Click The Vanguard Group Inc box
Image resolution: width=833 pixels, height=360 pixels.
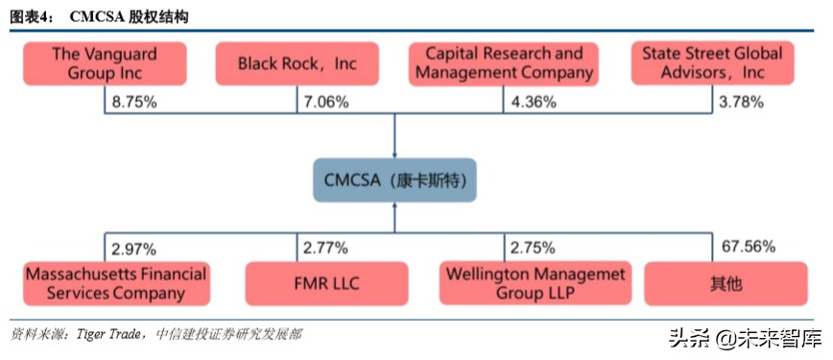click(x=105, y=64)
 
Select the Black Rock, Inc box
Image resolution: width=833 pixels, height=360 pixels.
click(x=297, y=64)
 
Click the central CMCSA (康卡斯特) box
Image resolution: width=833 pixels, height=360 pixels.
click(x=394, y=180)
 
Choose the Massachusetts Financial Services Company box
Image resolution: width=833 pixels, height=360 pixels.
click(x=115, y=284)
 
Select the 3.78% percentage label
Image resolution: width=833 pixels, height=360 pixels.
click(x=740, y=102)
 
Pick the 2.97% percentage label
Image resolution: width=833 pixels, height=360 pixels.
click(x=133, y=249)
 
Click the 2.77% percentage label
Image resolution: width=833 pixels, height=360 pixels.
click(x=325, y=249)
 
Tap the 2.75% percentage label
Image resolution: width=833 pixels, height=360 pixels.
click(x=533, y=249)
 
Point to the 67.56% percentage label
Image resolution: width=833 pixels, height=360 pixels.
click(x=748, y=247)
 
